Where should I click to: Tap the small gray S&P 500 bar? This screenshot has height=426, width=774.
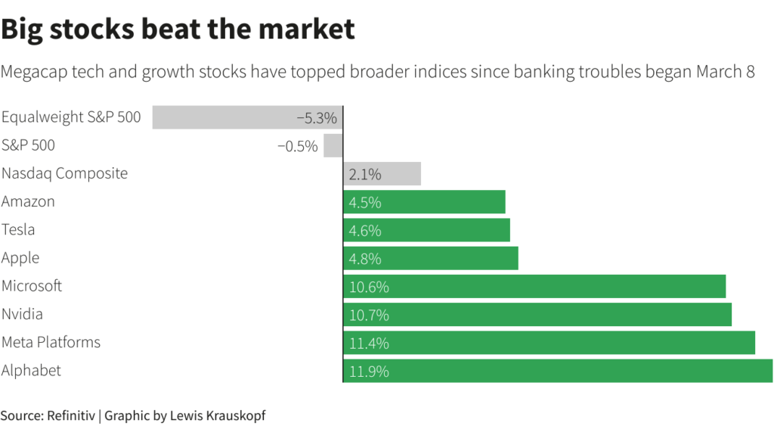coord(333,145)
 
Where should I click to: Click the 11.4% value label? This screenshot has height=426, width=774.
coord(369,343)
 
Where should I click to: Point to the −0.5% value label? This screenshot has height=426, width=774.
coord(298,146)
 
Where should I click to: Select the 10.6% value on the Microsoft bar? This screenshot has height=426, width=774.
coord(369,287)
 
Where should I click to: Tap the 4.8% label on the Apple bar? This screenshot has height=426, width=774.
coord(365,259)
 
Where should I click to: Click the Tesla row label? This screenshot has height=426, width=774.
coord(18,230)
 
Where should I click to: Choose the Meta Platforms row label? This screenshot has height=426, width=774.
coord(51,343)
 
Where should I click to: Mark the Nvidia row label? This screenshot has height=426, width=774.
coord(22,314)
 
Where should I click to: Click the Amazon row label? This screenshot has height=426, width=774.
coord(28,202)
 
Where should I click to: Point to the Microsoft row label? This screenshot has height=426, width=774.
coord(32,286)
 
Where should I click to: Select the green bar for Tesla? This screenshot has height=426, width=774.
coord(426,230)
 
